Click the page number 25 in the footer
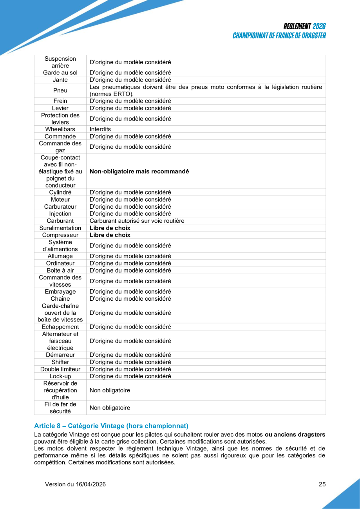pyautogui.click(x=322, y=484)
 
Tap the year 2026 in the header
pyautogui.click(x=319, y=26)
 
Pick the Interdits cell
pyautogui.click(x=100, y=129)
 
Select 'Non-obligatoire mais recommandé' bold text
pyautogui.click(x=139, y=171)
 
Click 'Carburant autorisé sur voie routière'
pyautogui.click(x=137, y=221)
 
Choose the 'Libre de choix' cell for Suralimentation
pyautogui.click(x=110, y=228)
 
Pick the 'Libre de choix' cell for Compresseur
pyautogui.click(x=110, y=235)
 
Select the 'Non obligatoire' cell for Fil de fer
pyautogui.click(x=110, y=408)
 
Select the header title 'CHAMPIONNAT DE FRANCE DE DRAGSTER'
pyautogui.click(x=279, y=36)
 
